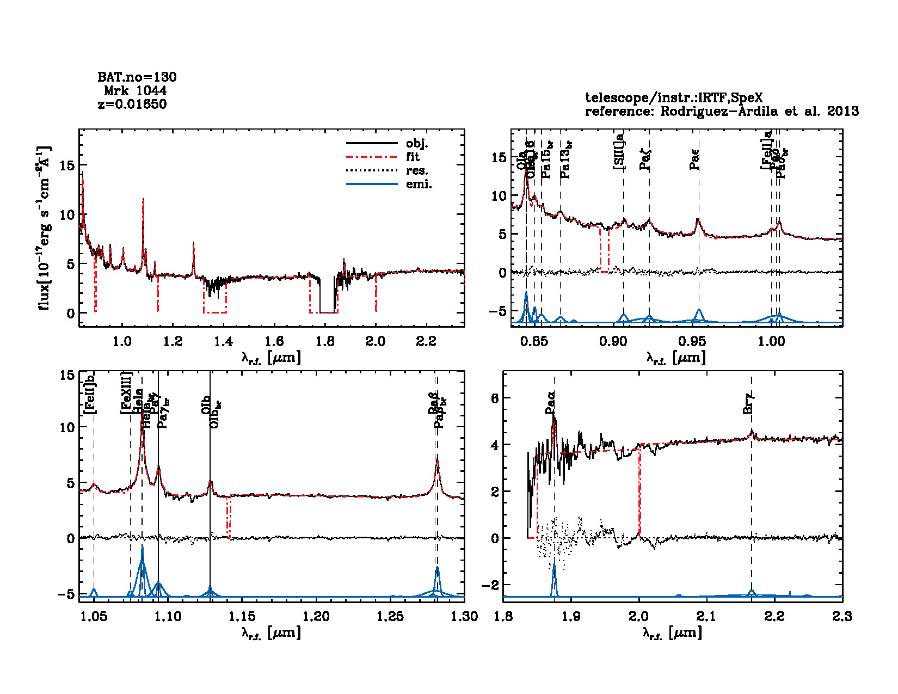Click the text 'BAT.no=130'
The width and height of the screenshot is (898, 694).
click(137, 77)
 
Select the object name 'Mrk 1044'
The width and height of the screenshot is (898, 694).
click(135, 91)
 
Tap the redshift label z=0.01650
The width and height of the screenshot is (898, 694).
click(132, 104)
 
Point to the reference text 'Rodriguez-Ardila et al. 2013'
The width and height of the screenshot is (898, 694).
click(760, 112)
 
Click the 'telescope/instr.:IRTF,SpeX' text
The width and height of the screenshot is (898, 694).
click(674, 98)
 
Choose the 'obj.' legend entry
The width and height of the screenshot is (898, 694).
click(417, 144)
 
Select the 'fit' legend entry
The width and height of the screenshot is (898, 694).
click(413, 157)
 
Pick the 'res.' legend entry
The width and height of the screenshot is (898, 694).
click(417, 171)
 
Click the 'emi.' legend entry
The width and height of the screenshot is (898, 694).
click(419, 185)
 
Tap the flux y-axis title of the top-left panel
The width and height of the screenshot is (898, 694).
click(44, 228)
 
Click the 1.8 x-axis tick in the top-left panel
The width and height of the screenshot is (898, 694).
click(325, 342)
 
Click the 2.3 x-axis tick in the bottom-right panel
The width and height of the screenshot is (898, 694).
click(842, 617)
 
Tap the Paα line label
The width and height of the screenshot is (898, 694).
click(551, 403)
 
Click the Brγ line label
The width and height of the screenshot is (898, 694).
click(748, 403)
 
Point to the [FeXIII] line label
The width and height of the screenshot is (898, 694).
click(126, 393)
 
